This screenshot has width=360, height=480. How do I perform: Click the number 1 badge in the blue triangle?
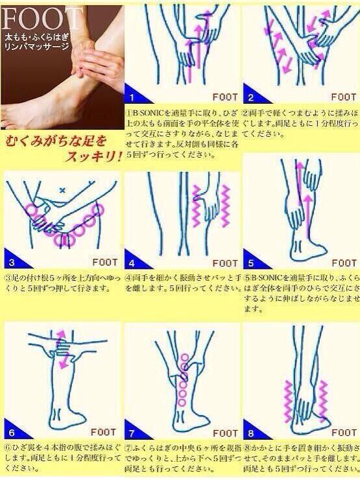[x=132, y=98]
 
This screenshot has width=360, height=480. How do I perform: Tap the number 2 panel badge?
[x=250, y=98]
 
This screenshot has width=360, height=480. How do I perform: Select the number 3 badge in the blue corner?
[x=12, y=263]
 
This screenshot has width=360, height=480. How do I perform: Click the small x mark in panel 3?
[x=62, y=190]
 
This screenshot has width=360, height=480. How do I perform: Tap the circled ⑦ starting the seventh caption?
[x=128, y=447]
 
